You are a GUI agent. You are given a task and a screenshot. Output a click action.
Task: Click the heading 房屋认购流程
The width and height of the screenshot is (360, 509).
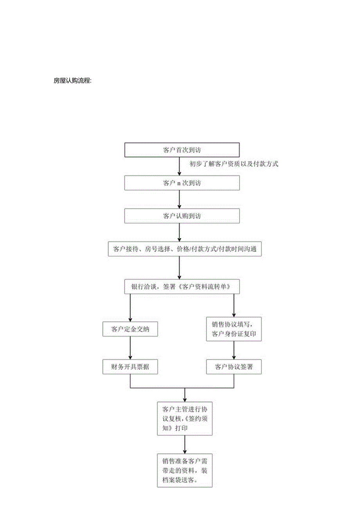72,81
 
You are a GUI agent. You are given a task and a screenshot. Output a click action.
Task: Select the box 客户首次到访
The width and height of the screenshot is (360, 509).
182,150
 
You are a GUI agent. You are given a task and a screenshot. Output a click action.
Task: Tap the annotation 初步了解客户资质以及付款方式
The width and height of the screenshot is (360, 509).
234,164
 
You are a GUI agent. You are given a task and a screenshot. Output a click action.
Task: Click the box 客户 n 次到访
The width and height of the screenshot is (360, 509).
182,183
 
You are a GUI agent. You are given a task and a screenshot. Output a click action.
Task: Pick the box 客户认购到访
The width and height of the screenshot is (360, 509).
182,216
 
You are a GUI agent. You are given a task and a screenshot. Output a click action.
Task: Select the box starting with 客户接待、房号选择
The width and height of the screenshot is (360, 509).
185,249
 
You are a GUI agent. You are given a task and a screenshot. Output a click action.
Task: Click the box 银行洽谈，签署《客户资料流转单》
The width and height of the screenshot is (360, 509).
182,287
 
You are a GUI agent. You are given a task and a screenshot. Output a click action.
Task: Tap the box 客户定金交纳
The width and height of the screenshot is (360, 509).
130,329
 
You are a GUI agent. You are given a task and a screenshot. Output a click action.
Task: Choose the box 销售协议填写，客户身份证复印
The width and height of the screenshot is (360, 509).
234,329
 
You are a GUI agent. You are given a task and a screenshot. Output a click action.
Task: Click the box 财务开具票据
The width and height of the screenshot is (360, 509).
130,367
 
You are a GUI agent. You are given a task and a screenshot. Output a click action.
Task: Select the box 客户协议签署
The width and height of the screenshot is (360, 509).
234,367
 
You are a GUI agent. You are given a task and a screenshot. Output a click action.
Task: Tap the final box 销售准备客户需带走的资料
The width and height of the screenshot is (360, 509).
185,470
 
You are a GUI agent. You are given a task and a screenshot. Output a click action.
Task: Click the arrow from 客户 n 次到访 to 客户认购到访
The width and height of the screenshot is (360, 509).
179,200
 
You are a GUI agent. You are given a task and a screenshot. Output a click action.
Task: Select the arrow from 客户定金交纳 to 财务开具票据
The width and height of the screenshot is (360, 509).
130,348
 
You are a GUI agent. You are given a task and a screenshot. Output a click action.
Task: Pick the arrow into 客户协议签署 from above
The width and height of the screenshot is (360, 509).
234,350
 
